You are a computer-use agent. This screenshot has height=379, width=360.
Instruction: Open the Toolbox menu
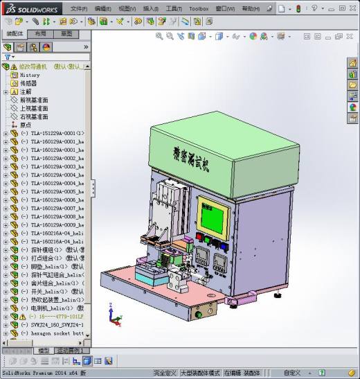tap(198, 9)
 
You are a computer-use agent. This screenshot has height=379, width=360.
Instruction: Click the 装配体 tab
tap(15, 33)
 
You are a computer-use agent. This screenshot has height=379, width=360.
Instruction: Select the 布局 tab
tap(41, 33)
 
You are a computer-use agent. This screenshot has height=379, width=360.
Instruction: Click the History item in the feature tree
tap(30, 75)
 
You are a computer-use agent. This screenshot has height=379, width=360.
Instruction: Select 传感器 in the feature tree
tap(28, 83)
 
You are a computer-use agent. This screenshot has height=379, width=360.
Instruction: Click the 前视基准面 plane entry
tap(34, 100)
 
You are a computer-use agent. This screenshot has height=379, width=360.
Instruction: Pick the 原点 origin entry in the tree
tap(26, 125)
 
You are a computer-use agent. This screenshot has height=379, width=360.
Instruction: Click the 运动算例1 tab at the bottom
tap(69, 351)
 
